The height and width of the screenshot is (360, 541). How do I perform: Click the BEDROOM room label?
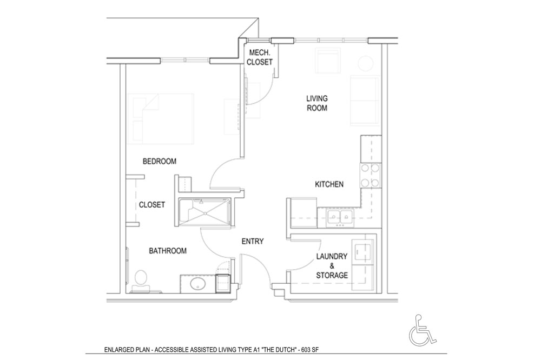[x=160, y=161]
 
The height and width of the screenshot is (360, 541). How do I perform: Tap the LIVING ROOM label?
[x=317, y=103]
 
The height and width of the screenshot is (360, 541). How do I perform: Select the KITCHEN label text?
[x=329, y=184]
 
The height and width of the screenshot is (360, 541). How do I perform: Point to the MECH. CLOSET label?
[x=260, y=57]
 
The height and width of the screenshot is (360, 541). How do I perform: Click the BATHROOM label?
[x=168, y=251]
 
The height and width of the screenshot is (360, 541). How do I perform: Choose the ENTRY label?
[x=253, y=242]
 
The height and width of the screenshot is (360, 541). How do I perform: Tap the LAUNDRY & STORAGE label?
[x=332, y=265]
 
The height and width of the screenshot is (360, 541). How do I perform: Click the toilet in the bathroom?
[x=141, y=281]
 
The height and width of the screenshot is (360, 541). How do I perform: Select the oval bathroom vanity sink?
[x=198, y=284]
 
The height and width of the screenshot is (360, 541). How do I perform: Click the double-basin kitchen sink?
[x=340, y=217]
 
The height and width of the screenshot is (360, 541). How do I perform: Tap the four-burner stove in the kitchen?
[x=371, y=175]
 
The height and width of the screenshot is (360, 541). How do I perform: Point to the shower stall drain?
[x=205, y=213]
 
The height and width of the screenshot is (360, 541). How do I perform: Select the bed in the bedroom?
[x=161, y=118]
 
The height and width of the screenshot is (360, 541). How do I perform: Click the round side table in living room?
[x=365, y=64]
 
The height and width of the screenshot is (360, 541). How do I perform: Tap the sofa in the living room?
[x=365, y=101]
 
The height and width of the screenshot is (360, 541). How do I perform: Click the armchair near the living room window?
[x=327, y=61]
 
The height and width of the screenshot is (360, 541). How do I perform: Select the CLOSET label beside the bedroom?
[x=152, y=205]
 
